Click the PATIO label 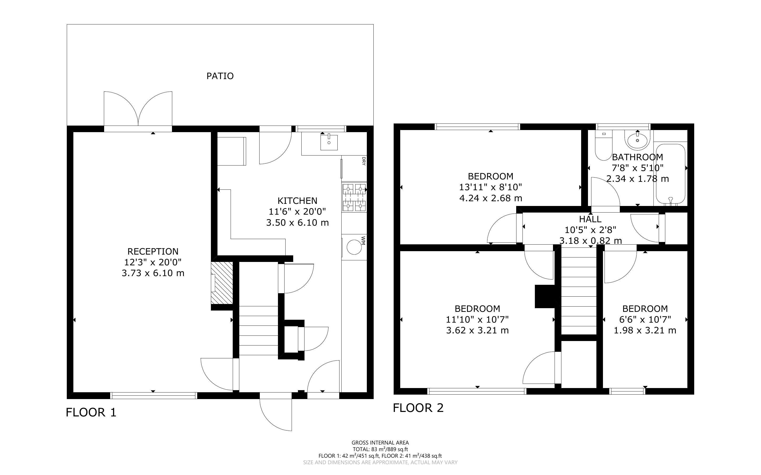[220, 76]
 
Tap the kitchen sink [329, 142]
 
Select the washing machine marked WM [354, 247]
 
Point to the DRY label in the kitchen [364, 161]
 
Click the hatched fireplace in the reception [222, 283]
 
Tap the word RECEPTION [153, 251]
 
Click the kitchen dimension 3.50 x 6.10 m [297, 223]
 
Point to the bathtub [670, 175]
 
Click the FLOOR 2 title [418, 408]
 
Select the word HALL [590, 219]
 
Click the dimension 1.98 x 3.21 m [645, 331]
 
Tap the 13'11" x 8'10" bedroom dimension [491, 187]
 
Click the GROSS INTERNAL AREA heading [380, 443]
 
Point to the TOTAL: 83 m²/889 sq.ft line [380, 449]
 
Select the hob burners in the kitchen [354, 198]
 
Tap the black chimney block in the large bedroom [545, 296]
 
